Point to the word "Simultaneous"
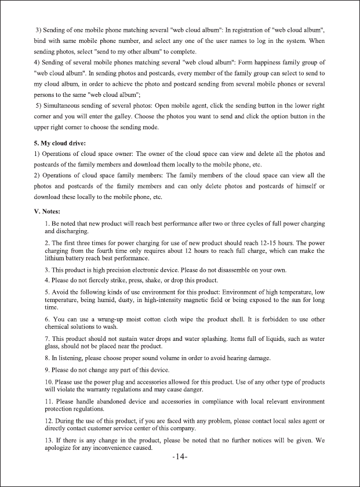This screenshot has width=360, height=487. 64,106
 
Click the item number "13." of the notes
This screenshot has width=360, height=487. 50,440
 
